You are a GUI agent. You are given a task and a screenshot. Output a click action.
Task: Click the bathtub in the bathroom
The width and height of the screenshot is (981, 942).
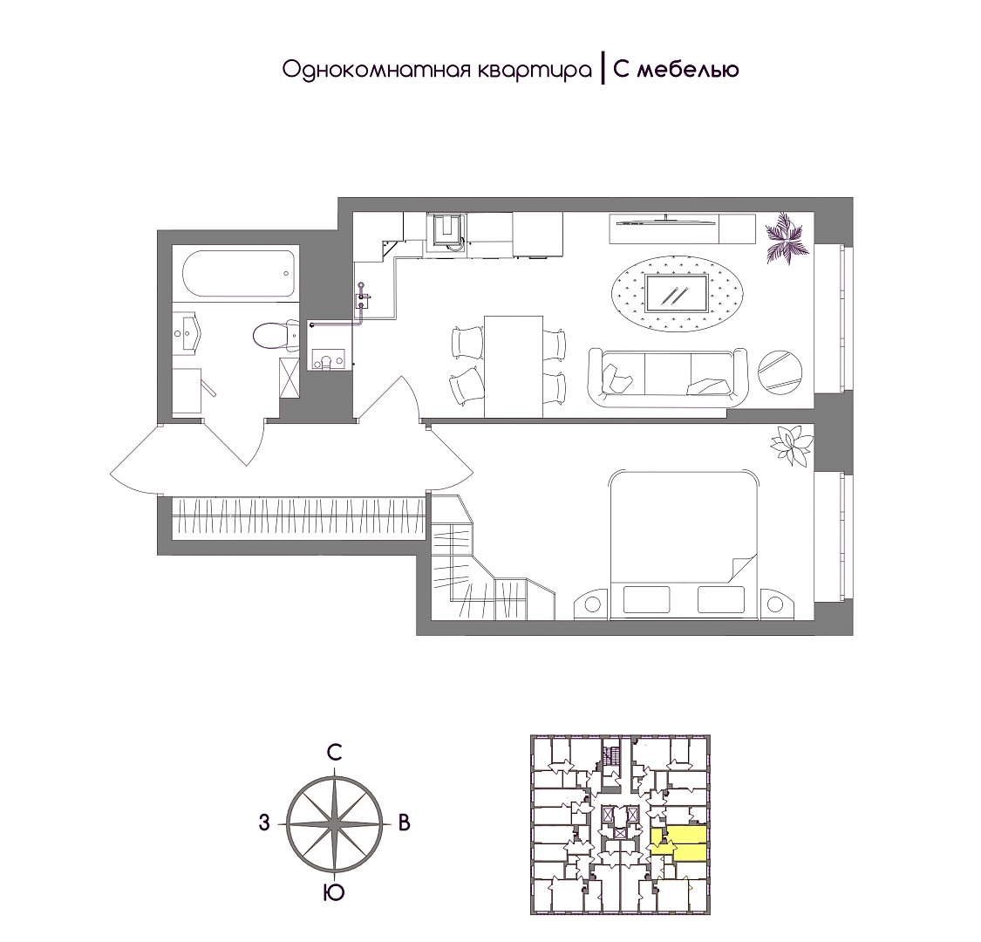click(x=237, y=274)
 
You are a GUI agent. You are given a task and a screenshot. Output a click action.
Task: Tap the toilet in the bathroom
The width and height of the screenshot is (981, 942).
click(x=276, y=336)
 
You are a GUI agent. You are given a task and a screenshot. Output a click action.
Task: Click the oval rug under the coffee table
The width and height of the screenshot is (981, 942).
click(x=678, y=292)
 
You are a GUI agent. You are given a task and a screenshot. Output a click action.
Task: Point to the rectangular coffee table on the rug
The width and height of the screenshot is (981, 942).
click(x=678, y=292)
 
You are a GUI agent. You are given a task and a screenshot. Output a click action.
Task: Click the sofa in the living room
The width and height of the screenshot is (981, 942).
click(x=668, y=379)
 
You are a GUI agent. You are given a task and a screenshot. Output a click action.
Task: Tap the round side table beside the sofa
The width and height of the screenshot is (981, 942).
click(x=780, y=372)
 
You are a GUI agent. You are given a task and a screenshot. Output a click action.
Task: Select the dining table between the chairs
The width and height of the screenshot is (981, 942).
click(x=514, y=366)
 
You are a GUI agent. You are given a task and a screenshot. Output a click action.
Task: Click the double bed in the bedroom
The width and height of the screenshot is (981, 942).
click(x=684, y=544)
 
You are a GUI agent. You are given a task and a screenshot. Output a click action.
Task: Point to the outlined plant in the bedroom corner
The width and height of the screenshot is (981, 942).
click(x=792, y=444)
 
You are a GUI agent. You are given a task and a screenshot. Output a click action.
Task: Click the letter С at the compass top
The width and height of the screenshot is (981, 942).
click(x=336, y=753)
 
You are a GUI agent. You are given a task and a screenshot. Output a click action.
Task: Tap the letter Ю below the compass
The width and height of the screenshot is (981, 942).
click(x=335, y=893)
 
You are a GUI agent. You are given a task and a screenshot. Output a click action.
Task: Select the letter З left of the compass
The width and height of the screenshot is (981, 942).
click(x=264, y=823)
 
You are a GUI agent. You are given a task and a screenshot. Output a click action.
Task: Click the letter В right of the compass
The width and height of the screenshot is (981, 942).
click(x=404, y=823)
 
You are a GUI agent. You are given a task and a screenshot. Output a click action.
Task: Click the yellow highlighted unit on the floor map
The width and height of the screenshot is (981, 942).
click(x=679, y=844)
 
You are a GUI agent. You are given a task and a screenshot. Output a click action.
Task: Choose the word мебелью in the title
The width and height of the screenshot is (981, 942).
click(x=688, y=70)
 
